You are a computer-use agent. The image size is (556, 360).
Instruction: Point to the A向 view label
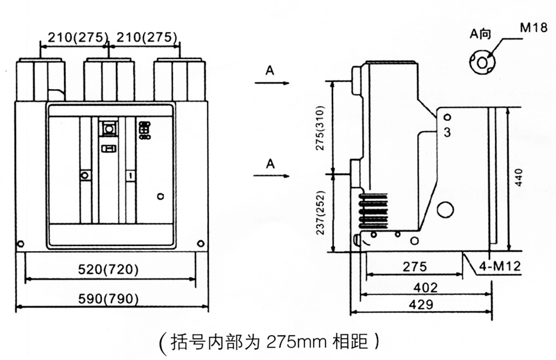[480, 35]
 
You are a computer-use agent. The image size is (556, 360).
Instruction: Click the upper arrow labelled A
[272, 82]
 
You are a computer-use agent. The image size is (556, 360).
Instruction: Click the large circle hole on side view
[445, 210]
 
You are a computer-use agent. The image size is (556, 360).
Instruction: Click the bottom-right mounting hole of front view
[201, 243]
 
